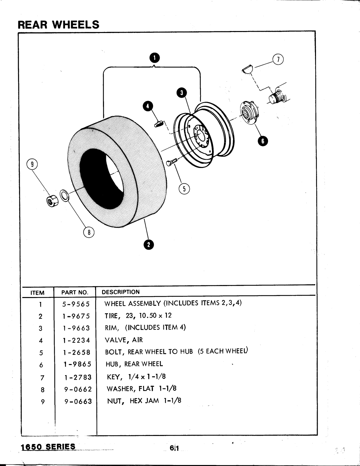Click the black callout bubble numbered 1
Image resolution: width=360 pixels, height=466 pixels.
click(154, 58)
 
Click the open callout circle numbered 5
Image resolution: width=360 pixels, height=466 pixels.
click(184, 189)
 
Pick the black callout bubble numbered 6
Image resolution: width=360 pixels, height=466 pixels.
click(262, 141)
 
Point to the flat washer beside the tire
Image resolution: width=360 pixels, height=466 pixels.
click(65, 196)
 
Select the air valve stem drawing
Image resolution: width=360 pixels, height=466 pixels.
click(158, 124)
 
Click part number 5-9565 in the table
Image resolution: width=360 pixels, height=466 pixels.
click(76, 304)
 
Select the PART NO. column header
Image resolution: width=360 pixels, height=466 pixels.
click(75, 293)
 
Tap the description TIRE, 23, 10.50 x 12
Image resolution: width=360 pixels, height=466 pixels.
click(138, 315)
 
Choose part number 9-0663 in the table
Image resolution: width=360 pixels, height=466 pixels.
click(78, 401)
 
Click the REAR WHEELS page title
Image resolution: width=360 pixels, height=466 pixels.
click(58, 24)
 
